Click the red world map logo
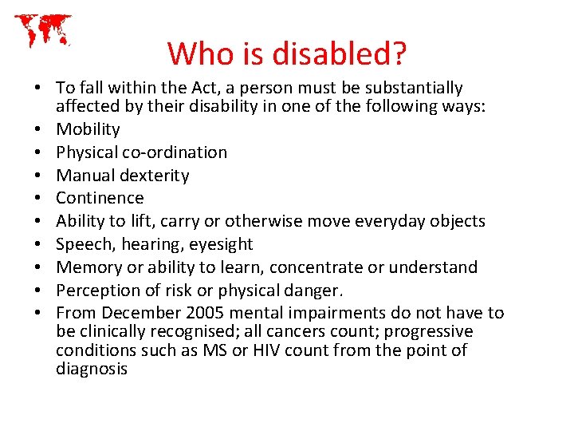[43, 30]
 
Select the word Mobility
[88, 129]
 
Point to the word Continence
[100, 198]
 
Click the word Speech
[82, 244]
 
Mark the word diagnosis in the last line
[92, 369]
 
